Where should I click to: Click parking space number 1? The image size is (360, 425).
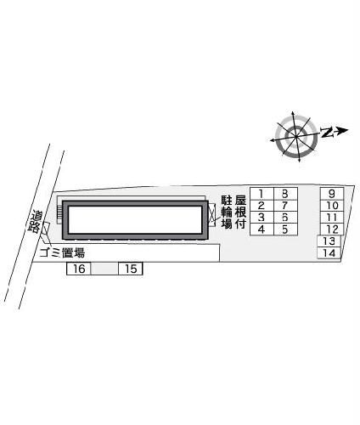[x=262, y=194]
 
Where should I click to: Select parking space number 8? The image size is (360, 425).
[x=285, y=194]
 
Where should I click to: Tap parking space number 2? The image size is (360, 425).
[x=262, y=206]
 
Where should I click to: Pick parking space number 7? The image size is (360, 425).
[x=285, y=206]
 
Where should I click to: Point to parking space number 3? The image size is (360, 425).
[x=262, y=218]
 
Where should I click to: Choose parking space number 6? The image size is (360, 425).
[x=285, y=218]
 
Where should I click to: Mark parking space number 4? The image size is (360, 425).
[x=262, y=229]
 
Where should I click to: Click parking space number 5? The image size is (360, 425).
[x=285, y=229]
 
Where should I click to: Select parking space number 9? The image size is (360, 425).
[x=332, y=193]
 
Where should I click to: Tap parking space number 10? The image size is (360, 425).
[x=332, y=205]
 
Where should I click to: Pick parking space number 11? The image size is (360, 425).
[x=332, y=217]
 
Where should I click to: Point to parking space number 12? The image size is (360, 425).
[x=332, y=229]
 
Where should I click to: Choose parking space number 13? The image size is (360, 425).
[x=329, y=241]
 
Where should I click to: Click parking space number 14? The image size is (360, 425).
[x=329, y=253]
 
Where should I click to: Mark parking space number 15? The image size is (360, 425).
[x=130, y=269]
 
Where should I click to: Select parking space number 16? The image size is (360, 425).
[x=78, y=269]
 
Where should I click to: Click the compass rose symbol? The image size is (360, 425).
[x=296, y=134]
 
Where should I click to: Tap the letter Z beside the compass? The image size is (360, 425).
[x=328, y=132]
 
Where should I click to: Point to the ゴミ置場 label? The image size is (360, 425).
[x=62, y=252]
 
